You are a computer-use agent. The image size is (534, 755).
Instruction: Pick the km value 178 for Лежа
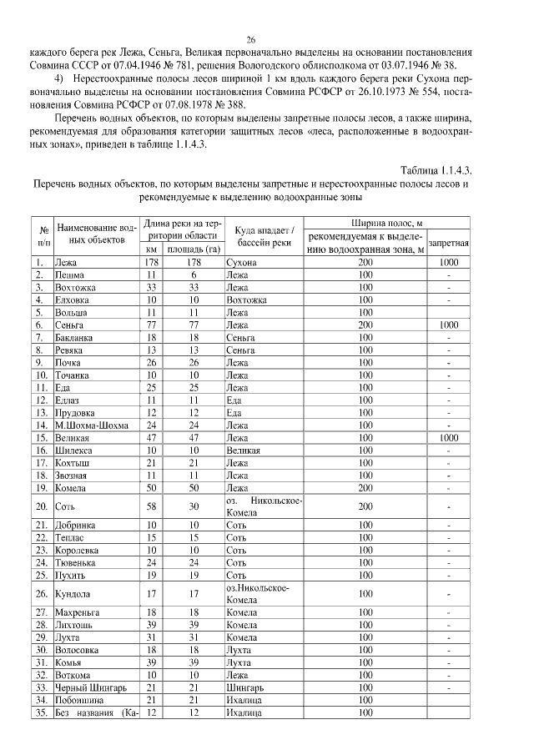tap(151, 262)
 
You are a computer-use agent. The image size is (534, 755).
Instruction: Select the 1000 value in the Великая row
tap(449, 437)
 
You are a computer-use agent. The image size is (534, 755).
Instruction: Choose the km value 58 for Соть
tap(151, 506)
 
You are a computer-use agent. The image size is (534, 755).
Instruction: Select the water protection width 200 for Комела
tap(365, 487)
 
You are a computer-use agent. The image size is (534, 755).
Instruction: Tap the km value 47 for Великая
tap(151, 437)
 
